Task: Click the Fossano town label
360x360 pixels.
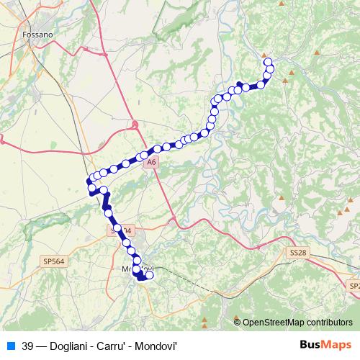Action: [37, 34]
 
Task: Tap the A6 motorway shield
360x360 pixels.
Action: [150, 163]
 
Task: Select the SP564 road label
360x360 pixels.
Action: [53, 261]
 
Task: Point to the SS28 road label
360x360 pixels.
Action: [298, 253]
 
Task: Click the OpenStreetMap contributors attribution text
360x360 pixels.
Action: [297, 322]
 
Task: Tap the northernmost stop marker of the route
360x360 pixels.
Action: [268, 62]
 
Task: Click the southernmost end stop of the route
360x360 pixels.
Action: [149, 274]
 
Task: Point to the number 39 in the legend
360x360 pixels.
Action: [28, 346]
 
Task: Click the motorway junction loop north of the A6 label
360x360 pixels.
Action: [135, 126]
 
